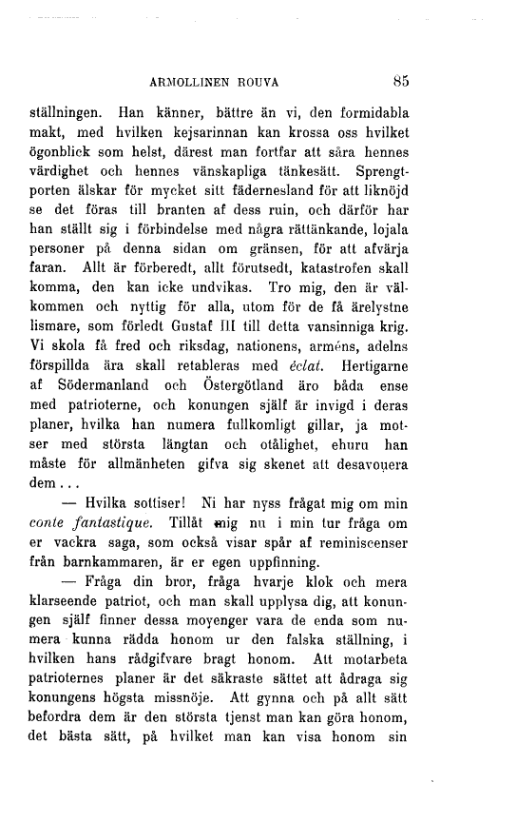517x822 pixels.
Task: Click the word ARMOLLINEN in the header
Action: pyautogui.click(x=184, y=83)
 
